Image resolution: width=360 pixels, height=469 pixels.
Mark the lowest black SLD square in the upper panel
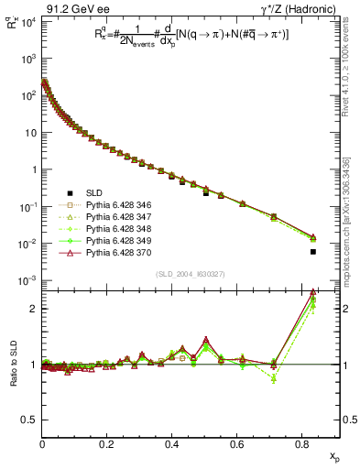pos(313,251)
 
